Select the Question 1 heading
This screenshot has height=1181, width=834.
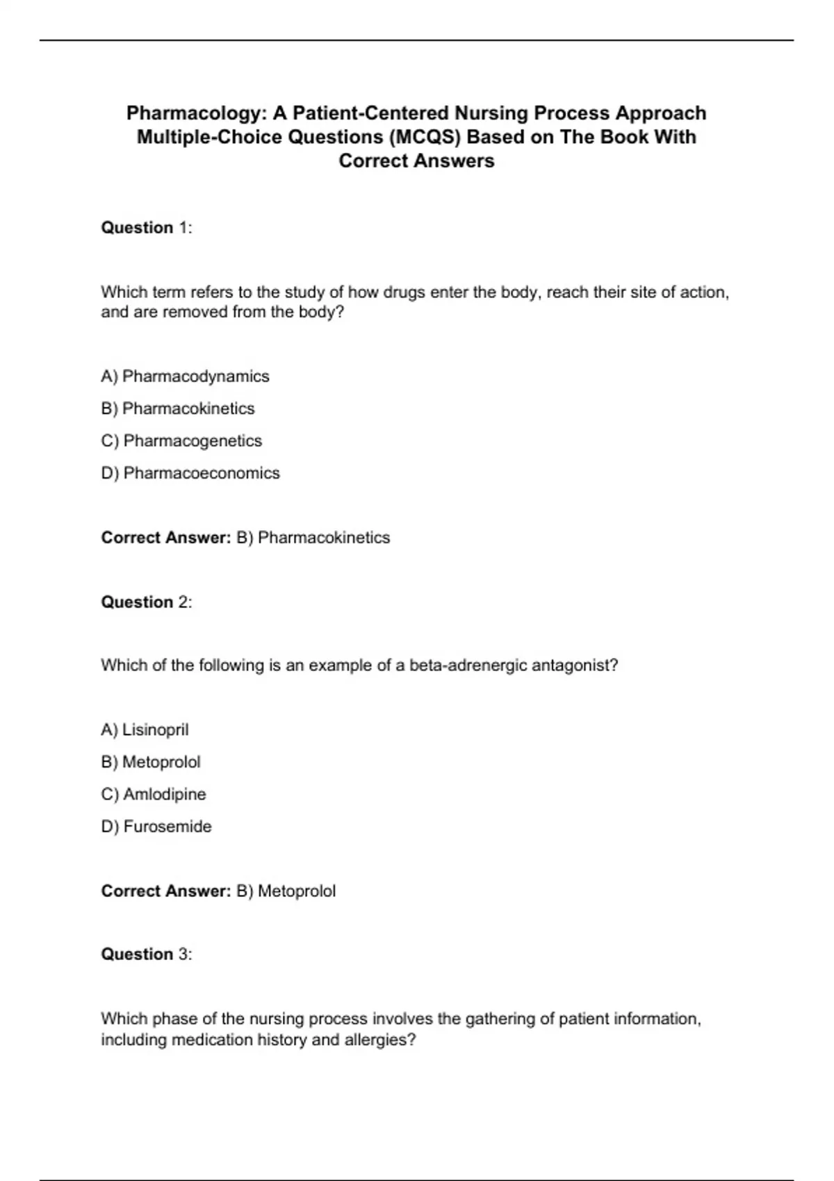[x=146, y=228]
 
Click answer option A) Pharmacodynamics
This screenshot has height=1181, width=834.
[x=185, y=377]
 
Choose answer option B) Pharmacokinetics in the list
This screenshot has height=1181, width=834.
[x=178, y=408]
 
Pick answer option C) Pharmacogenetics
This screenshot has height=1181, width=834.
[x=181, y=441]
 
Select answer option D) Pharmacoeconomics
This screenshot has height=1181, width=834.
[x=190, y=473]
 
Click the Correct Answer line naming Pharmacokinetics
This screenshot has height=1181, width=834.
[x=245, y=538]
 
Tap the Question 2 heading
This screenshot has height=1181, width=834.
[x=146, y=602]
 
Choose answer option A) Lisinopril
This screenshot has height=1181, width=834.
[x=145, y=730]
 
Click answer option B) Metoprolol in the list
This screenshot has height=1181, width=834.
[x=151, y=762]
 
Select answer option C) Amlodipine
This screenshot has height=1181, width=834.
[x=154, y=794]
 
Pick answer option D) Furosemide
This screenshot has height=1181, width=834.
[x=156, y=827]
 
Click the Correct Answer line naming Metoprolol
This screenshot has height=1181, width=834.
[x=218, y=891]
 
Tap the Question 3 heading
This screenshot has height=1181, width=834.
[x=146, y=955]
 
